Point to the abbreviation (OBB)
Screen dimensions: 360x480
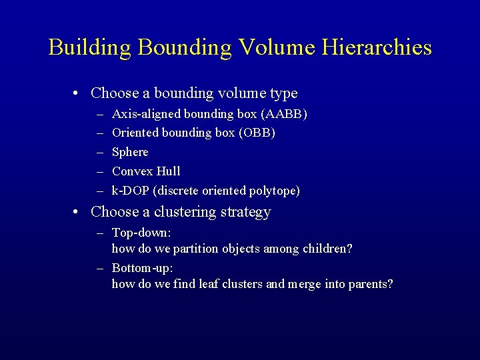pyautogui.click(x=257, y=133)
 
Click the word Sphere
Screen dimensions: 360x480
pyautogui.click(x=130, y=152)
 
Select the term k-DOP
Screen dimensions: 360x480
pyautogui.click(x=131, y=191)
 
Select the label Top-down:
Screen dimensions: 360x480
pyautogui.click(x=141, y=233)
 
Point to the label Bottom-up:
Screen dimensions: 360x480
pyautogui.click(x=143, y=267)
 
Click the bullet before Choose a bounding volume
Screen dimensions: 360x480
pyautogui.click(x=78, y=93)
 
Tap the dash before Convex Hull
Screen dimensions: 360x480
pyautogui.click(x=99, y=171)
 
